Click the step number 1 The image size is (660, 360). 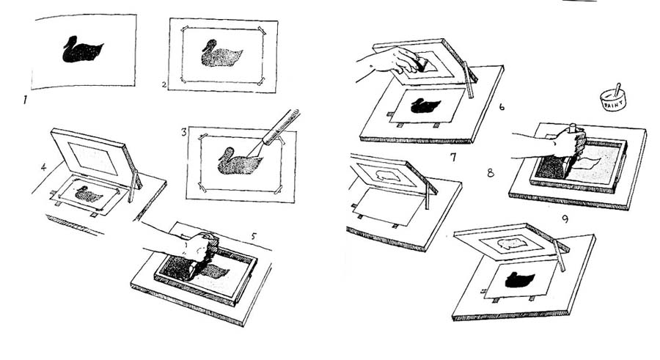click(x=25, y=100)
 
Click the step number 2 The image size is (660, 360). click(x=164, y=84)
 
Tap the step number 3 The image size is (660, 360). click(x=184, y=132)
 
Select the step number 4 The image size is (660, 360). click(x=43, y=167)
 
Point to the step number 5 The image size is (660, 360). click(x=254, y=236)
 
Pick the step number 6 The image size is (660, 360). click(x=502, y=106)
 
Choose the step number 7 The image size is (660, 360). click(x=453, y=158)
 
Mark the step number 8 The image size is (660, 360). click(x=491, y=172)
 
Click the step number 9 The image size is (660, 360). click(x=565, y=219)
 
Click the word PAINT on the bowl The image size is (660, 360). click(x=612, y=103)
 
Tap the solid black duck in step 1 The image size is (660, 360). click(x=83, y=50)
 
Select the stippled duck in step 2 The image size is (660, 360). click(x=221, y=54)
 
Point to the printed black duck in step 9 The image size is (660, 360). click(x=520, y=279)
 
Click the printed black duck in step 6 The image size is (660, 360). click(x=425, y=106)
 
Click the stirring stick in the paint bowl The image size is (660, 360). click(x=617, y=89)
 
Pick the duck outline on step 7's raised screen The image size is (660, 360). click(x=388, y=175)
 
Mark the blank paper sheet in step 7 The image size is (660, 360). click(x=388, y=206)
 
